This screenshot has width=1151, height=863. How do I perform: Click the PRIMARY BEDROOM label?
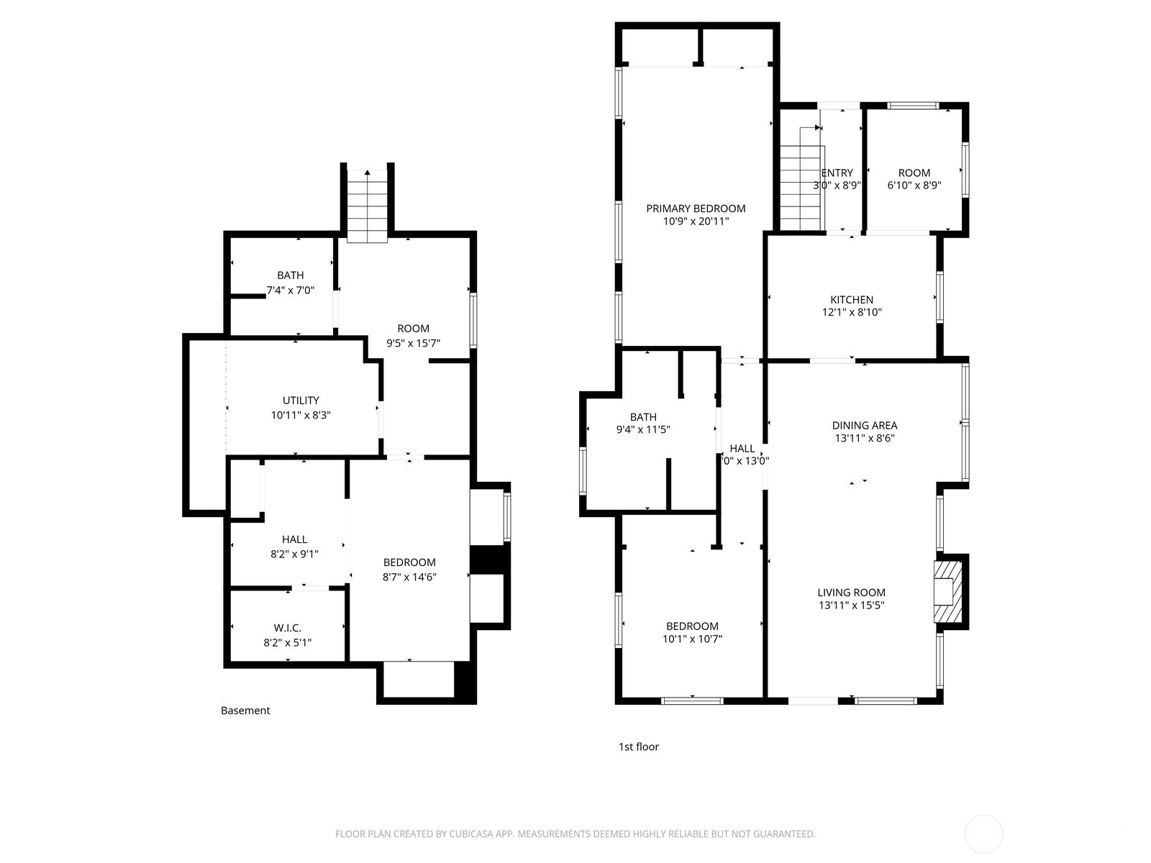[x=695, y=209]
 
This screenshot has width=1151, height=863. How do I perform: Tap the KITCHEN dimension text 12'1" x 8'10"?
[x=852, y=312]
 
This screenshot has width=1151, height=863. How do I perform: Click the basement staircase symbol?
[x=368, y=204]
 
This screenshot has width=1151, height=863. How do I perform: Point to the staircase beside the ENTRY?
[x=801, y=186]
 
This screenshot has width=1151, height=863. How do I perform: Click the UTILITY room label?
[x=301, y=401]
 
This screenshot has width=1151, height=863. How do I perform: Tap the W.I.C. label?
[x=287, y=628]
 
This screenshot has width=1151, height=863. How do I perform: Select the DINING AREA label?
[x=864, y=425]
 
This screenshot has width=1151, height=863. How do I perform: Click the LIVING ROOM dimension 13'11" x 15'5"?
[x=851, y=606]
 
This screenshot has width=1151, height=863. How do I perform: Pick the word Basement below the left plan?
[x=245, y=711]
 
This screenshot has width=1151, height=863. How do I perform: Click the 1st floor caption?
[x=638, y=746]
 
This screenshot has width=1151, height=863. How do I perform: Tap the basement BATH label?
[x=290, y=275]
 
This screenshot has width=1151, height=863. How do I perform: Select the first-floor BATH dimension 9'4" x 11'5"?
[x=643, y=430]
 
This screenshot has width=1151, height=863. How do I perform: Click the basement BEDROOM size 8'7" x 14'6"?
[x=409, y=576]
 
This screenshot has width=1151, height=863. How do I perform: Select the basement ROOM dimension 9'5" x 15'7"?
[x=413, y=343]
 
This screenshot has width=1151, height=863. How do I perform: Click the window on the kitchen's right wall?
[x=940, y=296]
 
